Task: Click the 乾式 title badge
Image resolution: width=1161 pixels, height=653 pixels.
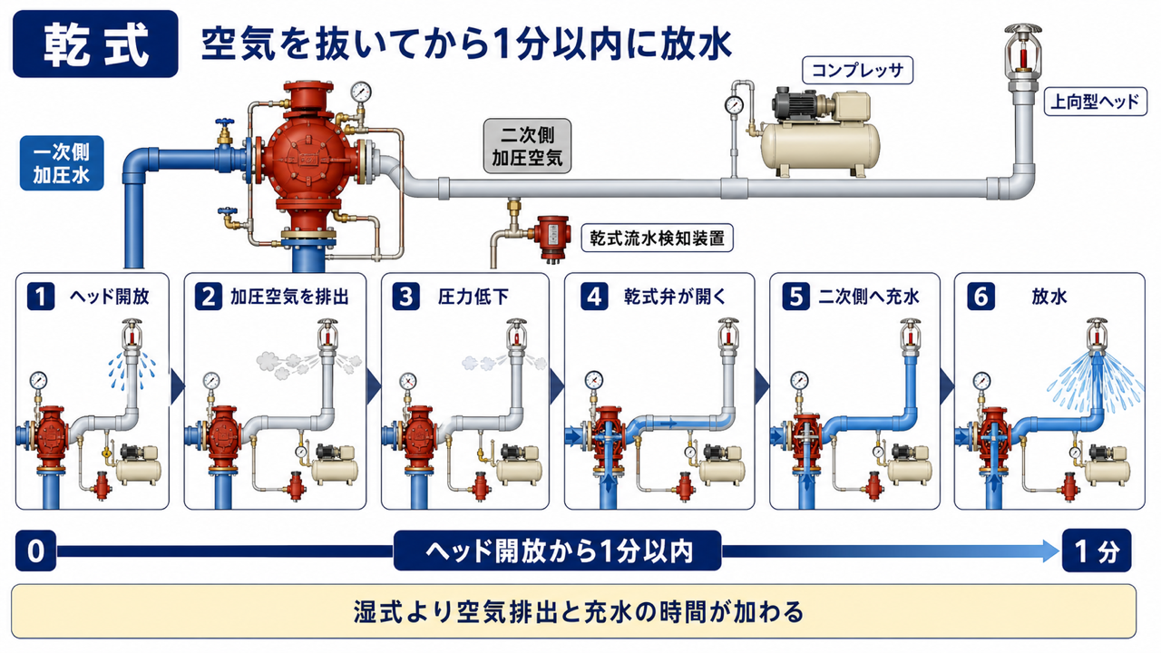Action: click(95, 44)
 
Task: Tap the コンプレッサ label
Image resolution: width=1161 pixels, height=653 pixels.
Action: click(857, 70)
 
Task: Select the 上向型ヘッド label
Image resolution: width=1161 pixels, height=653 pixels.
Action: click(1095, 101)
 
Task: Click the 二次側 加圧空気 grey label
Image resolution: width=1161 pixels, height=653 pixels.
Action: click(527, 146)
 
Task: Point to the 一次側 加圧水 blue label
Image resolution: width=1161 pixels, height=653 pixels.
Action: click(62, 163)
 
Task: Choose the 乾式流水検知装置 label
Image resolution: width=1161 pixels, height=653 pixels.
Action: click(657, 238)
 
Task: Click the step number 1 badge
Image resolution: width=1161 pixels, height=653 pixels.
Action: click(41, 297)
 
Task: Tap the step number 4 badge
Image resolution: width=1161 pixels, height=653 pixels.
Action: click(594, 297)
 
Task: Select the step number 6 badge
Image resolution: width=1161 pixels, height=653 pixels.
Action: click(981, 297)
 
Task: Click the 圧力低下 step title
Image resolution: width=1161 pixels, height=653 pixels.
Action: click(473, 297)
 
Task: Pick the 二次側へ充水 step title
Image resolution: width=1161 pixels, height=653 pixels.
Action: click(869, 297)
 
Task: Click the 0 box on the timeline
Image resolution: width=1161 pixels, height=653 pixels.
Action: click(35, 551)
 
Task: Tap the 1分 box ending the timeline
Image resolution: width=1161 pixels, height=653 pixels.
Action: click(1097, 551)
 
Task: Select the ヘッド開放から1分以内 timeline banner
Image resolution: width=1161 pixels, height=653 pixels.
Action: click(557, 551)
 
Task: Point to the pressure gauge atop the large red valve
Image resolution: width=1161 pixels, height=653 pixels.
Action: click(361, 92)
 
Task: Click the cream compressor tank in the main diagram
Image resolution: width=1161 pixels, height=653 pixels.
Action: click(819, 149)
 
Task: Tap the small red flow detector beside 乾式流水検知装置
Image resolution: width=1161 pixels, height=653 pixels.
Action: click(552, 238)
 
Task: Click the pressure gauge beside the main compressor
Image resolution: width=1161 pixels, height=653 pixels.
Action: click(734, 104)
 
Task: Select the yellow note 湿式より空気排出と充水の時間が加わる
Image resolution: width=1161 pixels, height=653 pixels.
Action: click(574, 611)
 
